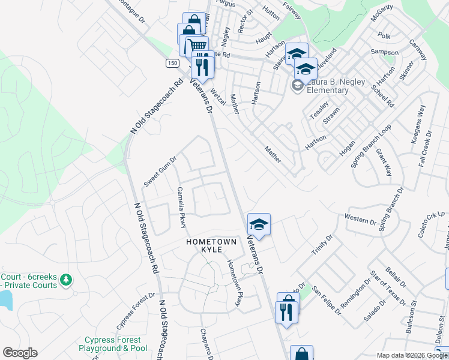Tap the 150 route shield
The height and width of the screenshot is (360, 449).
tap(172, 63)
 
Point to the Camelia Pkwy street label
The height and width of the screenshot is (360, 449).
tap(181, 207)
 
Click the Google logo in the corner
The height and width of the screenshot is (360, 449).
tap(20, 353)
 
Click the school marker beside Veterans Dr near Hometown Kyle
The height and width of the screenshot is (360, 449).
tap(259, 224)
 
